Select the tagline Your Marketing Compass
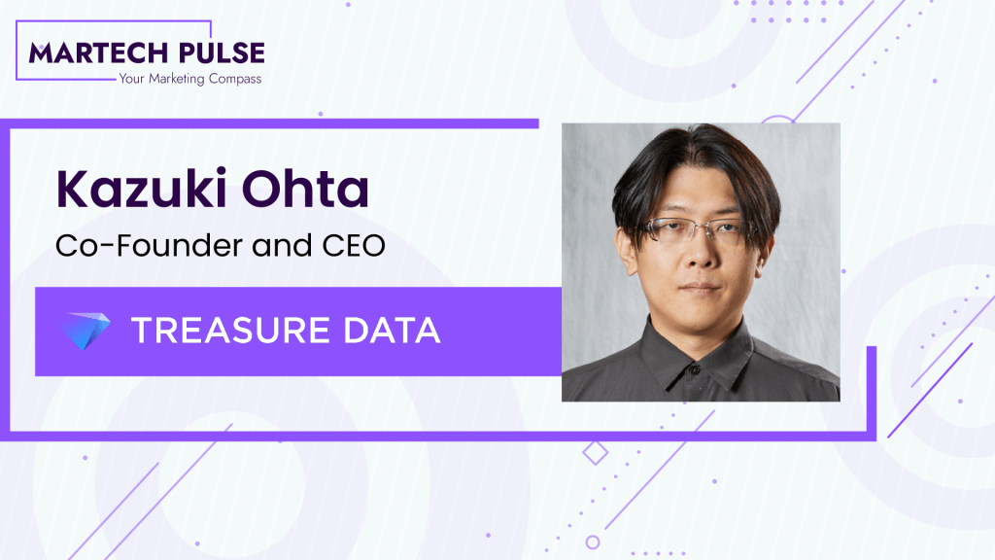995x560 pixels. point(189,79)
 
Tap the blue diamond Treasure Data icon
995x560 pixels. point(83,331)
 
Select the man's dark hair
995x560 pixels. point(692,160)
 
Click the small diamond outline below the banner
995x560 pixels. point(595,451)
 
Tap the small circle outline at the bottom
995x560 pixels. point(593,542)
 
